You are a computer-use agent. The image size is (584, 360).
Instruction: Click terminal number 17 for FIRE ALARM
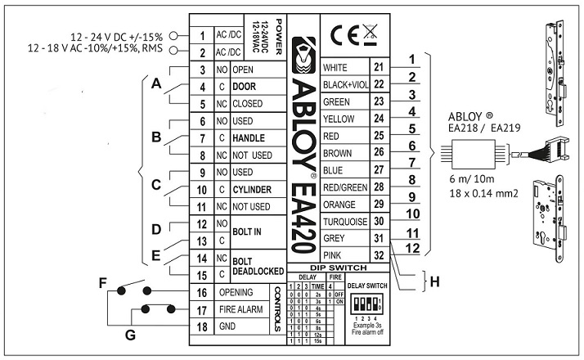(200, 310)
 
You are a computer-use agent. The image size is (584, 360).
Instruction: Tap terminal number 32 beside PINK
(378, 254)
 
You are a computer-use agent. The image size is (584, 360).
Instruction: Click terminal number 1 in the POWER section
(200, 37)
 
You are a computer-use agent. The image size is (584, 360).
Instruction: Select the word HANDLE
(252, 137)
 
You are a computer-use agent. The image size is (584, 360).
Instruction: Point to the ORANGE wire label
(341, 204)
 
